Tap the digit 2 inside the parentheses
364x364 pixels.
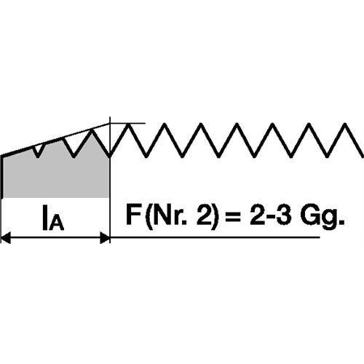pyautogui.click(x=203, y=215)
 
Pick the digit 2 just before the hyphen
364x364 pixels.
pyautogui.click(x=258, y=215)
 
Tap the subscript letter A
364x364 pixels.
pyautogui.click(x=57, y=223)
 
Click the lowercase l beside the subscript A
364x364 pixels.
pyautogui.click(x=44, y=218)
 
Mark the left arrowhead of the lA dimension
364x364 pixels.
pyautogui.click(x=5, y=237)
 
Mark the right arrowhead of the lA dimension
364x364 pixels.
pyautogui.click(x=105, y=237)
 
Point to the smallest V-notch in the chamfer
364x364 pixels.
pyautogui.click(x=38, y=151)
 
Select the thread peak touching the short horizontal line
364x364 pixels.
pyautogui.click(x=128, y=124)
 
